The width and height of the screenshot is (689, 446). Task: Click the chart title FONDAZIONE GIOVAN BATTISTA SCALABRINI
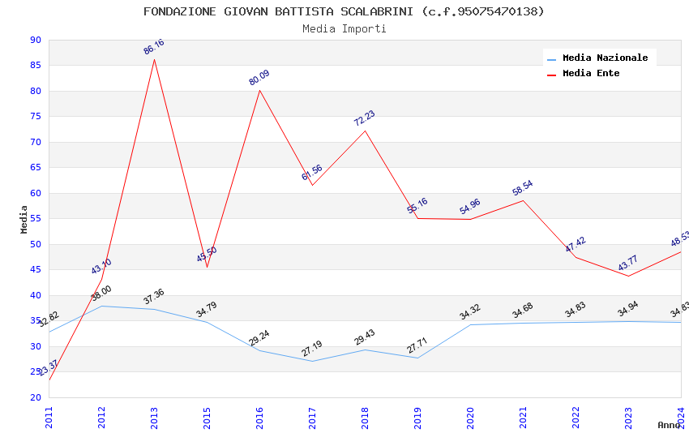344,11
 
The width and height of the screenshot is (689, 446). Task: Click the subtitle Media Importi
344,29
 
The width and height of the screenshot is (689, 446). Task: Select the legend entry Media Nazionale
605,58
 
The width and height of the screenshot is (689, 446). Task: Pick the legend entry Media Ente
591,74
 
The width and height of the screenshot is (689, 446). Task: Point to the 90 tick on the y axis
35,41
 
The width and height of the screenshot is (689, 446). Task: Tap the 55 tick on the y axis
35,219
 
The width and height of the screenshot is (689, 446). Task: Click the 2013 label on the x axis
154,418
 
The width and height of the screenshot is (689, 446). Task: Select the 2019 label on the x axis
417,418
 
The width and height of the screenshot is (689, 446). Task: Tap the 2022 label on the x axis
576,418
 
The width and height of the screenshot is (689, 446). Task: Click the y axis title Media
24,219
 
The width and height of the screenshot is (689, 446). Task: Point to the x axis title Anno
669,425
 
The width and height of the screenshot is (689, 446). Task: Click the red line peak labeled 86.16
154,59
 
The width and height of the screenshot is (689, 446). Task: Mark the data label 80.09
259,78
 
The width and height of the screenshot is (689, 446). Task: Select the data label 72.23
365,118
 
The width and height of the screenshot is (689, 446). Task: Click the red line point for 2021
523,200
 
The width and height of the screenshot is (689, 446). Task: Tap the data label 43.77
628,264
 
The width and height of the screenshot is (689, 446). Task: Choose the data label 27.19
312,349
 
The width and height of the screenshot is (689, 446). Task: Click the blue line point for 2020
470,324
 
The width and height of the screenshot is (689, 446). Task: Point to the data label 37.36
154,297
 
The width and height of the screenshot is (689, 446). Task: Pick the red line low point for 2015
207,267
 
